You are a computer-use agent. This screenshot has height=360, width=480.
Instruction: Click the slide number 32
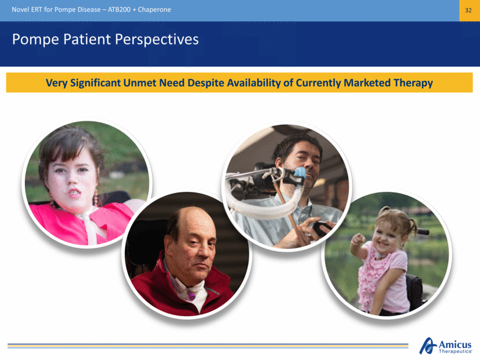[468, 10]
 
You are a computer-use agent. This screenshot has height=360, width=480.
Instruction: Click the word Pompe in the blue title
[35, 39]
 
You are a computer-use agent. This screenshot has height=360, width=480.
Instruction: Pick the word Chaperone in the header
[154, 9]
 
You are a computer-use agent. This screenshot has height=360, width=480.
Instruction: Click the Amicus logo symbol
[427, 346]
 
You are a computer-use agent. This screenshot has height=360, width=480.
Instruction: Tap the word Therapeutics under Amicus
[455, 351]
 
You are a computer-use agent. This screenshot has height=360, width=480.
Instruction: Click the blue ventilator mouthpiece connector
[300, 173]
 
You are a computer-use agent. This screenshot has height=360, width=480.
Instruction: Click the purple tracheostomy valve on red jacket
[191, 296]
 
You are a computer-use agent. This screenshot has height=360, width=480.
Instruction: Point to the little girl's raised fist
[357, 239]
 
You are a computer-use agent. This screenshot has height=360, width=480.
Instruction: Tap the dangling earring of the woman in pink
[96, 197]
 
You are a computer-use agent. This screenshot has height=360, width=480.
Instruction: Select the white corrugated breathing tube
[264, 207]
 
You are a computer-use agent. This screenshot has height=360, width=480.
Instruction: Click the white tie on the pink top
[91, 228]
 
